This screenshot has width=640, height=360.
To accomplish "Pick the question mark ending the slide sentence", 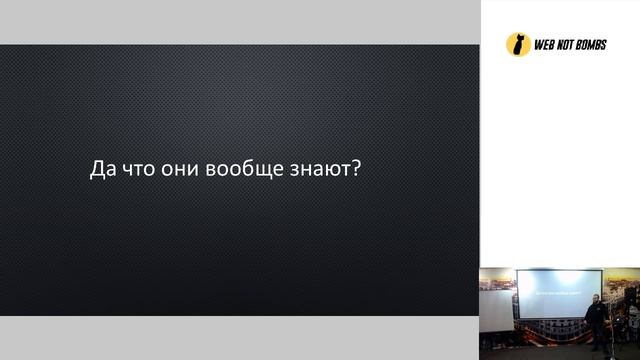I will pos(356,170).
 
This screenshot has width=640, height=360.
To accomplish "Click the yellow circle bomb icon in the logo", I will pos(518,44).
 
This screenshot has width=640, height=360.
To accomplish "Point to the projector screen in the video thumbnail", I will pos(558,292).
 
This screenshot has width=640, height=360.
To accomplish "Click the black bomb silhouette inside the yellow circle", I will pos(518,45).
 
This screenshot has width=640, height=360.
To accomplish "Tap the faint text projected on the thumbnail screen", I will pos(557,289).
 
